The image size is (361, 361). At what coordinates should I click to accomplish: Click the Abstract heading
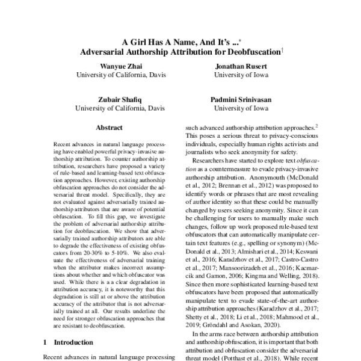pyautogui.click(x=109, y=128)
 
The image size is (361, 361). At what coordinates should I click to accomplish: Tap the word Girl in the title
pyautogui.click(x=144, y=42)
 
